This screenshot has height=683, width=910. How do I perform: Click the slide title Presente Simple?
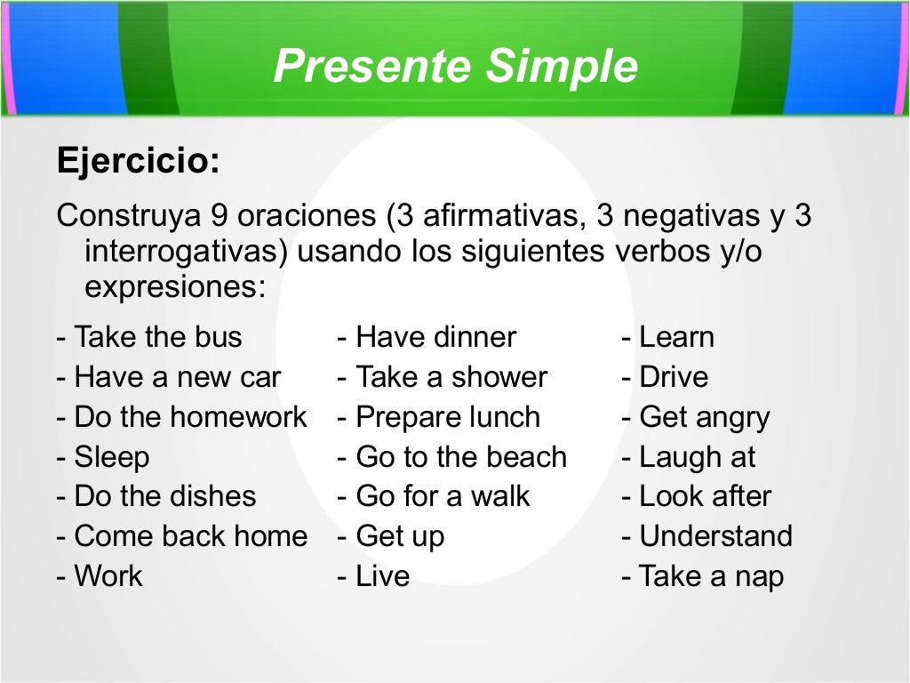coord(455,67)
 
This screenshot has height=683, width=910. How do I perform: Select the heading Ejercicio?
coord(138,162)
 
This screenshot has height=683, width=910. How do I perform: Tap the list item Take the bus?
coord(149,337)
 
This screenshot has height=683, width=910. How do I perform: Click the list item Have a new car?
coord(169,377)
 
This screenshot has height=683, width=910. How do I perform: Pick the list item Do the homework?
coord(182,417)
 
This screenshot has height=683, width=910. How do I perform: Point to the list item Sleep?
coord(103,457)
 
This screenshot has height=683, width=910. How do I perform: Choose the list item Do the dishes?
coord(156,496)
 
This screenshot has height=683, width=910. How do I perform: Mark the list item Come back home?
coord(182,536)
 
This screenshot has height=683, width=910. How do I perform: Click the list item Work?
coord(100,576)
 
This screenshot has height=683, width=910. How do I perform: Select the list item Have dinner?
coord(427,337)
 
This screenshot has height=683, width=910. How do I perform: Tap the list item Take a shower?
coord(443,377)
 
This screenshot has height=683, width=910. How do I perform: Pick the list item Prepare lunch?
coord(439,417)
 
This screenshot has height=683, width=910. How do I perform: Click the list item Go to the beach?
coord(452,457)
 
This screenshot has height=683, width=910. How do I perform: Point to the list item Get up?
coord(391,536)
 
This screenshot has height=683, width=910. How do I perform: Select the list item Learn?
coord(668,337)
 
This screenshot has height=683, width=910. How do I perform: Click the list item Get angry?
coord(696,417)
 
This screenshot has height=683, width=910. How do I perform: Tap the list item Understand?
coord(707,536)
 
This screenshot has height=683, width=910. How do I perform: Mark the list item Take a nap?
coord(703,576)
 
